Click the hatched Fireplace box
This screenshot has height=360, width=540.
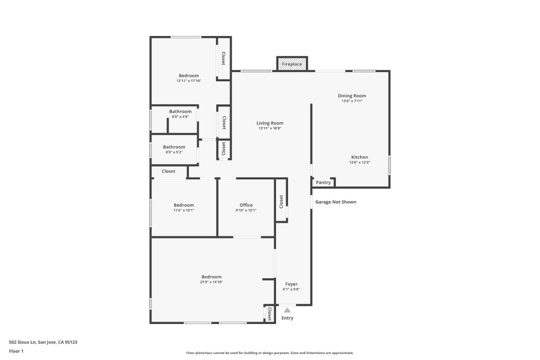pos(292,64)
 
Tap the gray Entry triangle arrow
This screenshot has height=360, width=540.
pos(287,310)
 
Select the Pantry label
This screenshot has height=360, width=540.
pos(323,183)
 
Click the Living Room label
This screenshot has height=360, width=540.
pos(270,123)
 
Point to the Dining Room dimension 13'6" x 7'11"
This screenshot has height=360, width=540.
pos(352,101)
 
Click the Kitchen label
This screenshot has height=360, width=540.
pos(359,157)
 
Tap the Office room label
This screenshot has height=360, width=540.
pos(246,205)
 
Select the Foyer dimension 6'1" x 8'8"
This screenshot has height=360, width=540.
pos(291,289)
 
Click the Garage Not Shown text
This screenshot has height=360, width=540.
pos(336,202)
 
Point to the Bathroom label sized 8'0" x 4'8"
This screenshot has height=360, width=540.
pos(180,111)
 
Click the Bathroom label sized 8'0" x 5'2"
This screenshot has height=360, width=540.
pos(174,147)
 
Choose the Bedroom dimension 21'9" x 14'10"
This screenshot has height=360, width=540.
pos(211,282)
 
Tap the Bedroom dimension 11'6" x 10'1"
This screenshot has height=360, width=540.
pos(183,210)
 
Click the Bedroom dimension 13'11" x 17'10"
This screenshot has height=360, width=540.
pos(189,81)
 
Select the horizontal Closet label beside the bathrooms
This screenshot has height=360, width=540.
pos(168,171)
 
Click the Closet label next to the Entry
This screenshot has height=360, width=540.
pos(269,314)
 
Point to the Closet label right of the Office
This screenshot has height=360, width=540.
pos(281,201)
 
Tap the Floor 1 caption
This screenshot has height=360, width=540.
pos(16,351)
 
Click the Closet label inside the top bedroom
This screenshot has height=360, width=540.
pos(223,58)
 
